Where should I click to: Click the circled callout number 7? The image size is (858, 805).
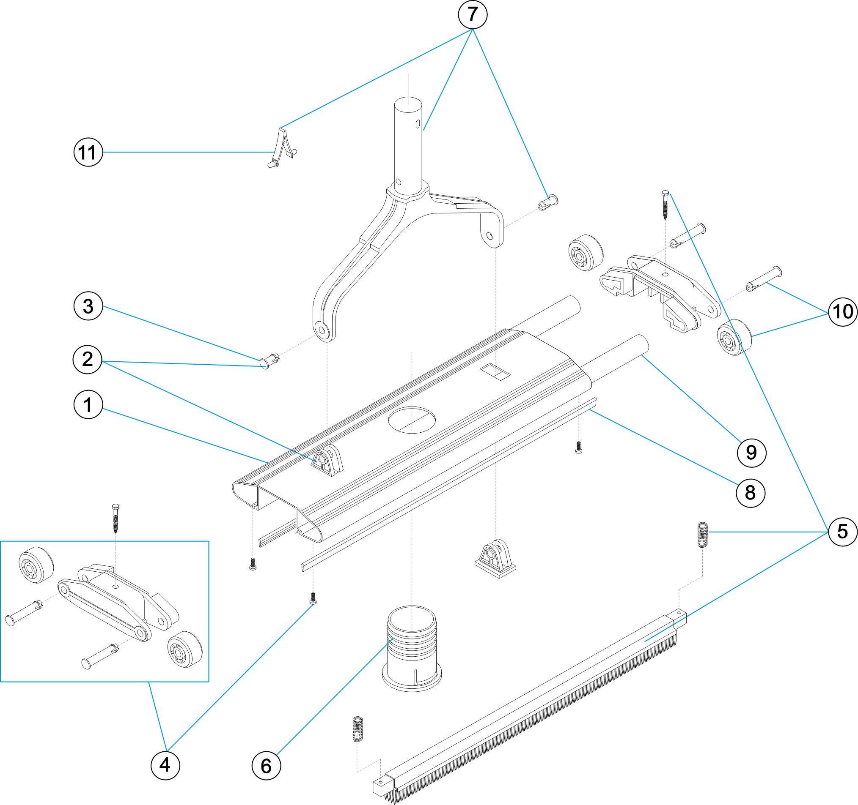click(x=472, y=15)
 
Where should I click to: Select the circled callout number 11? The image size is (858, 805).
click(x=88, y=152)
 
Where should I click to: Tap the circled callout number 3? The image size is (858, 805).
click(x=88, y=306)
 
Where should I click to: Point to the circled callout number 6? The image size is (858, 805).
click(x=266, y=766)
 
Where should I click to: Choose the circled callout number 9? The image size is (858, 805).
click(x=751, y=452)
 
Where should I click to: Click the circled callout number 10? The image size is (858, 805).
click(x=842, y=312)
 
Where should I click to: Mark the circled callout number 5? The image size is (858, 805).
click(x=842, y=531)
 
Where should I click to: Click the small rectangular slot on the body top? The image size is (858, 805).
click(x=495, y=372)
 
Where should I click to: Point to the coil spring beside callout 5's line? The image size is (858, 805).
click(x=703, y=535)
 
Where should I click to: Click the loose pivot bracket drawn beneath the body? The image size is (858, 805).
click(x=495, y=559)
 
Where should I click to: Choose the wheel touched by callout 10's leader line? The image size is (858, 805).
click(x=734, y=337)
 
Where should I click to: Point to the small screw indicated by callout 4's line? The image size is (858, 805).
click(x=313, y=598)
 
